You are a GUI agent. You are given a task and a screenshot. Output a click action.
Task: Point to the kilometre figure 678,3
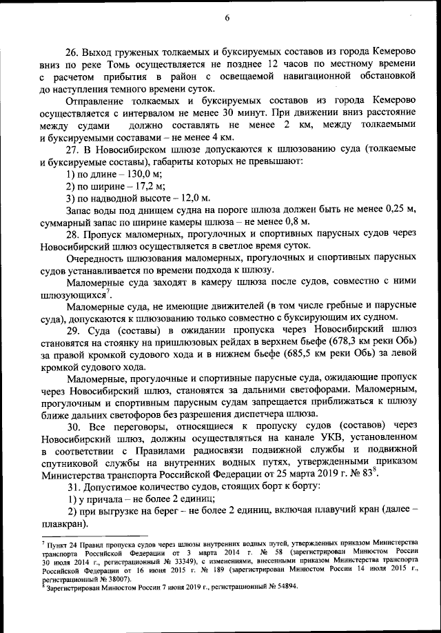pos(314,342)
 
